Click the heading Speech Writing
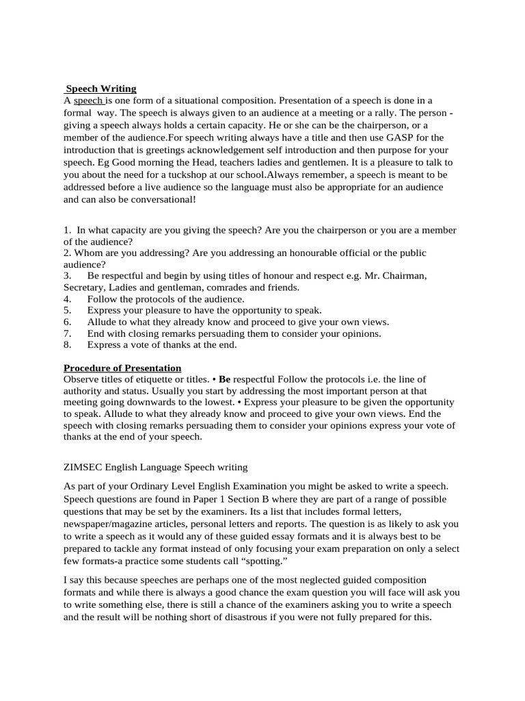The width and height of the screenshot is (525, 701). tap(101, 88)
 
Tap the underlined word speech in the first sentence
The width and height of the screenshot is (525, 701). tap(87, 100)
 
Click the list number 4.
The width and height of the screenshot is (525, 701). tap(68, 299)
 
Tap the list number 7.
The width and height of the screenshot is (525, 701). tap(68, 333)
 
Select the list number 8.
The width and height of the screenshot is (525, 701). tap(68, 345)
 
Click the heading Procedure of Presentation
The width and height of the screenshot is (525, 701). tap(122, 368)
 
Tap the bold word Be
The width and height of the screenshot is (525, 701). tap(224, 379)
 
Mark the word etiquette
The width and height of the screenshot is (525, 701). tap(154, 379)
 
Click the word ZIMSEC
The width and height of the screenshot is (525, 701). tap(82, 467)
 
